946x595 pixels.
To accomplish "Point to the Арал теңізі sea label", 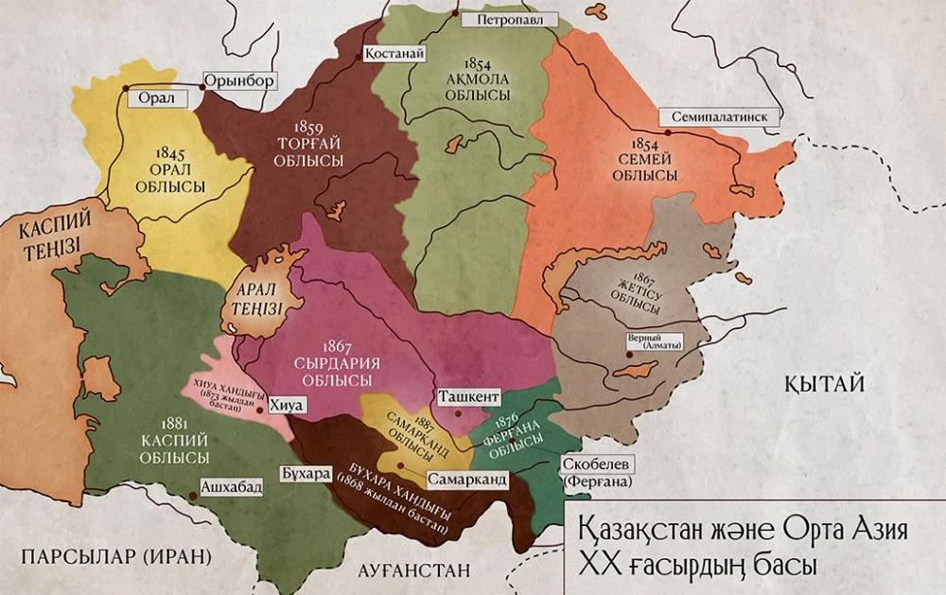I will pyautogui.click(x=254, y=300).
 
